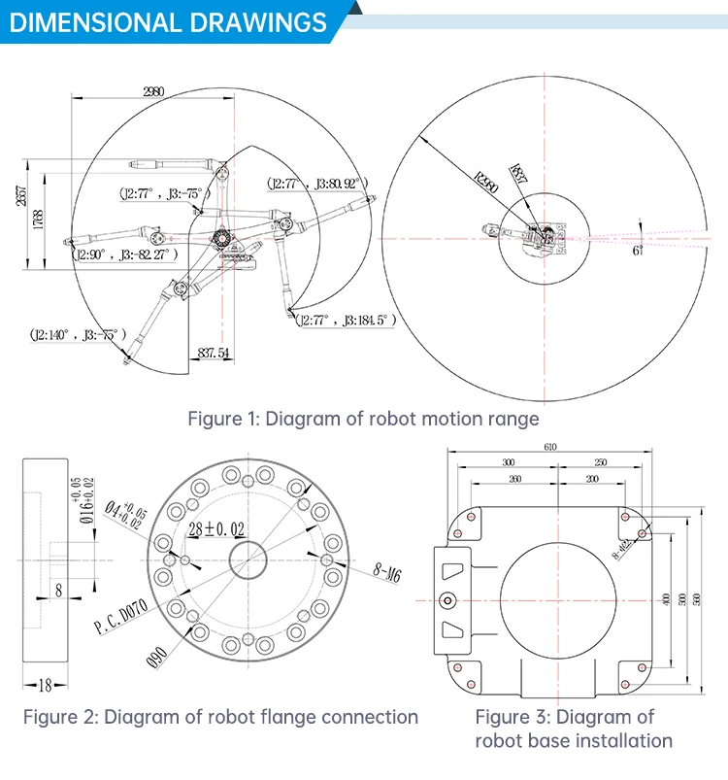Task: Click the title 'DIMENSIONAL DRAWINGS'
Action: [x=167, y=21]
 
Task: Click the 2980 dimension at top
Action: [x=153, y=92]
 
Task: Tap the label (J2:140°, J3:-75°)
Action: [x=78, y=334]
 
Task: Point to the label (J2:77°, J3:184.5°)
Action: [x=344, y=320]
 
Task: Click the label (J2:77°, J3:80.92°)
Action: [x=314, y=183]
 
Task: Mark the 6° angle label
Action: [x=638, y=250]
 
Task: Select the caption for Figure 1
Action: [x=363, y=419]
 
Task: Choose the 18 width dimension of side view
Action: [x=45, y=686]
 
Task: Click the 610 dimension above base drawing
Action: [x=549, y=446]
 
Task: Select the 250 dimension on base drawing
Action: [x=601, y=462]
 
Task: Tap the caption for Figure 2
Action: [x=221, y=718]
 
